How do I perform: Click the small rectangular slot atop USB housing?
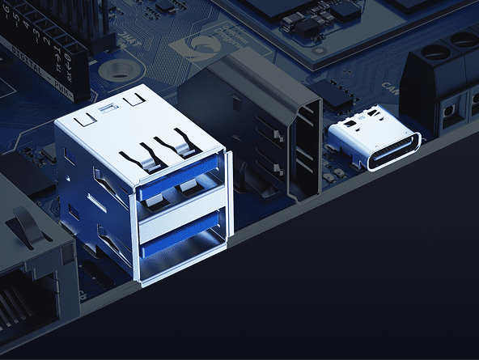coord(107,107)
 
